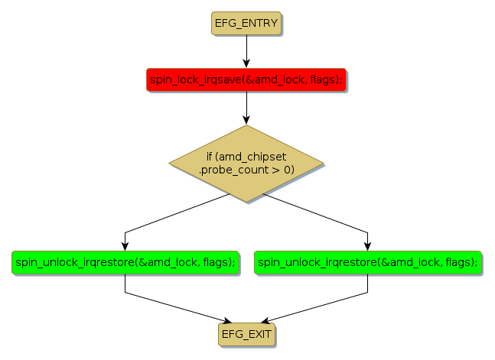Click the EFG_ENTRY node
tap(246, 24)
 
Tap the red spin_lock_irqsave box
tap(246, 79)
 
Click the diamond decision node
tap(246, 164)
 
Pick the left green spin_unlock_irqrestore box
tap(125, 262)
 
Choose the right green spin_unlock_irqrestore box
tap(367, 262)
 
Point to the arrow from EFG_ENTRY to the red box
tap(246, 52)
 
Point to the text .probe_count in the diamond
tap(230, 170)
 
